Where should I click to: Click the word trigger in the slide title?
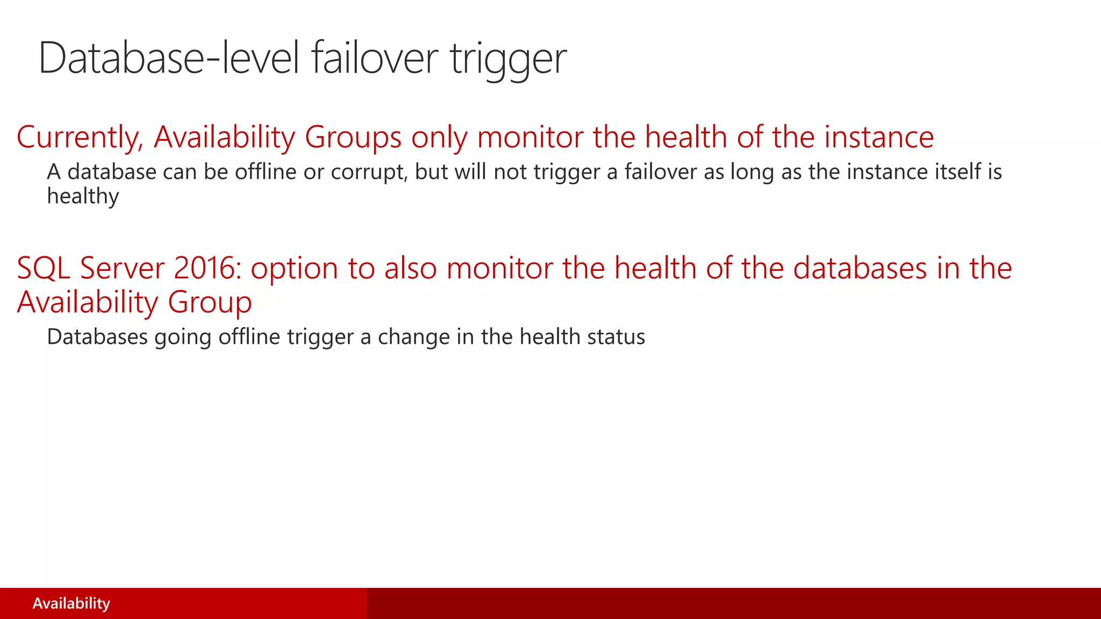pos(508,59)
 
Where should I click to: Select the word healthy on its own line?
pos(83,197)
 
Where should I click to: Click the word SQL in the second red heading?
pos(44,268)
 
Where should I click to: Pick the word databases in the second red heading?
pos(860,268)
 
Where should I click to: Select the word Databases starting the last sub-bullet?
pos(97,337)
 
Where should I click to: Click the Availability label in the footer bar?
pos(72,603)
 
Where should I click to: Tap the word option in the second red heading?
pos(294,269)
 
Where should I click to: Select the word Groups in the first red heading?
pos(353,138)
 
